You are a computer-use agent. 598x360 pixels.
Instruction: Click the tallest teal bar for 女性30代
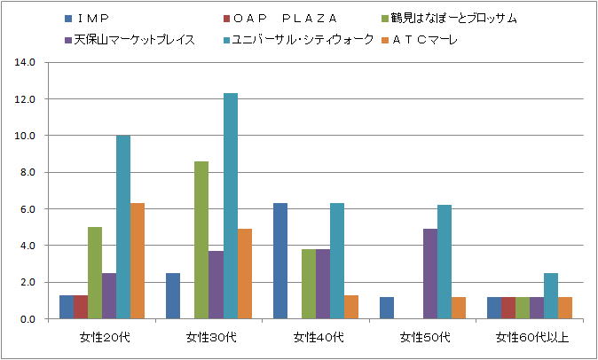(231, 206)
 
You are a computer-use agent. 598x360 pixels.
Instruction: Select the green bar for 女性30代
(201, 239)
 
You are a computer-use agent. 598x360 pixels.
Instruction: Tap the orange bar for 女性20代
(138, 261)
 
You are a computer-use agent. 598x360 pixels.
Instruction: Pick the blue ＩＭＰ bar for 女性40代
(280, 261)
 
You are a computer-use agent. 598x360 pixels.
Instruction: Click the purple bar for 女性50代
(429, 273)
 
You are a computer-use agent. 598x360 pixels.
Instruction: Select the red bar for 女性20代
(81, 307)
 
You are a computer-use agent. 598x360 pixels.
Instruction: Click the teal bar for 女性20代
(123, 227)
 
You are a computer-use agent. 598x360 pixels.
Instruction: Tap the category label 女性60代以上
(530, 337)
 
